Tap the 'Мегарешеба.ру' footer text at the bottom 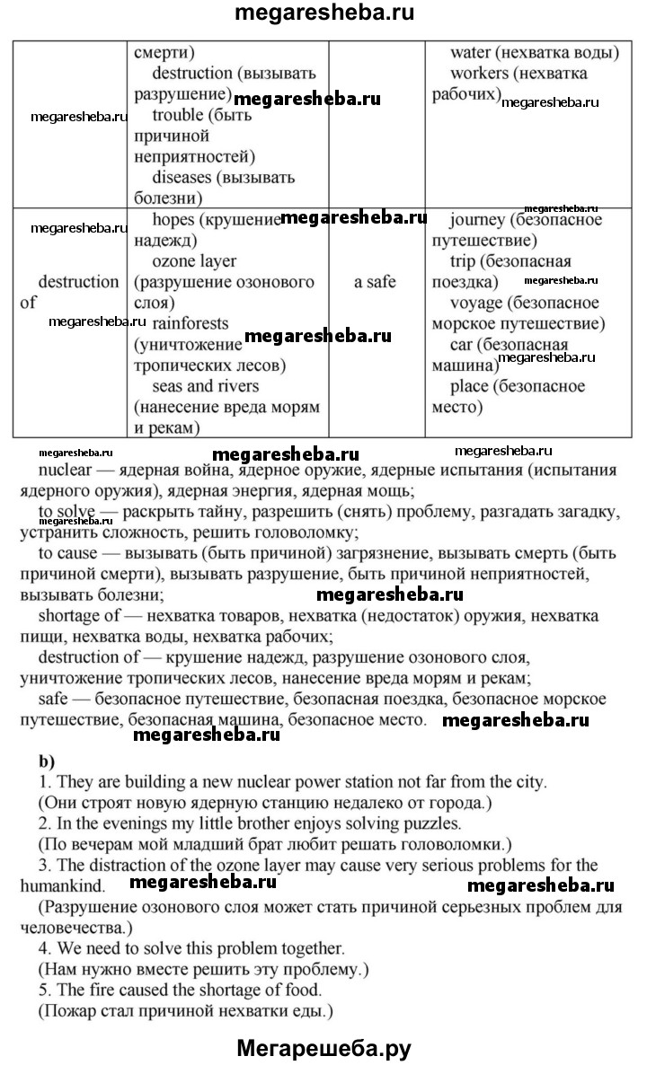323,1046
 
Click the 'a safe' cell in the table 375,281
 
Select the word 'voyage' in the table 477,302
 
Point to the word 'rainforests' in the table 191,322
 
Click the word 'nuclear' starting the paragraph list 64,470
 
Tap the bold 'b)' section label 47,759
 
